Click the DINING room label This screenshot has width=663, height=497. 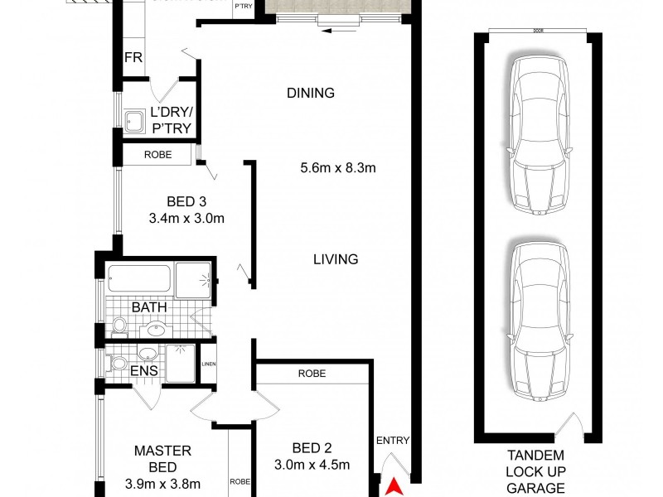pos(311,93)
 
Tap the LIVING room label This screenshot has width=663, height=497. pos(336,259)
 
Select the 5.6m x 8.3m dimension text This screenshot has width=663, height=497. pos(338,169)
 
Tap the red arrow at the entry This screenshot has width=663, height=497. pos(396,486)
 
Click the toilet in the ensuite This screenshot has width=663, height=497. pos(118,363)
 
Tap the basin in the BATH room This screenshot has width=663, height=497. pos(155,329)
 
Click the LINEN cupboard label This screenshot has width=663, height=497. pos(208,363)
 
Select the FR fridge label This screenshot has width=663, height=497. pos(133,58)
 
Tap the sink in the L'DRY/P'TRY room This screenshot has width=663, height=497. pos(134,121)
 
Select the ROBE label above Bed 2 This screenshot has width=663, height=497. pos(312,374)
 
